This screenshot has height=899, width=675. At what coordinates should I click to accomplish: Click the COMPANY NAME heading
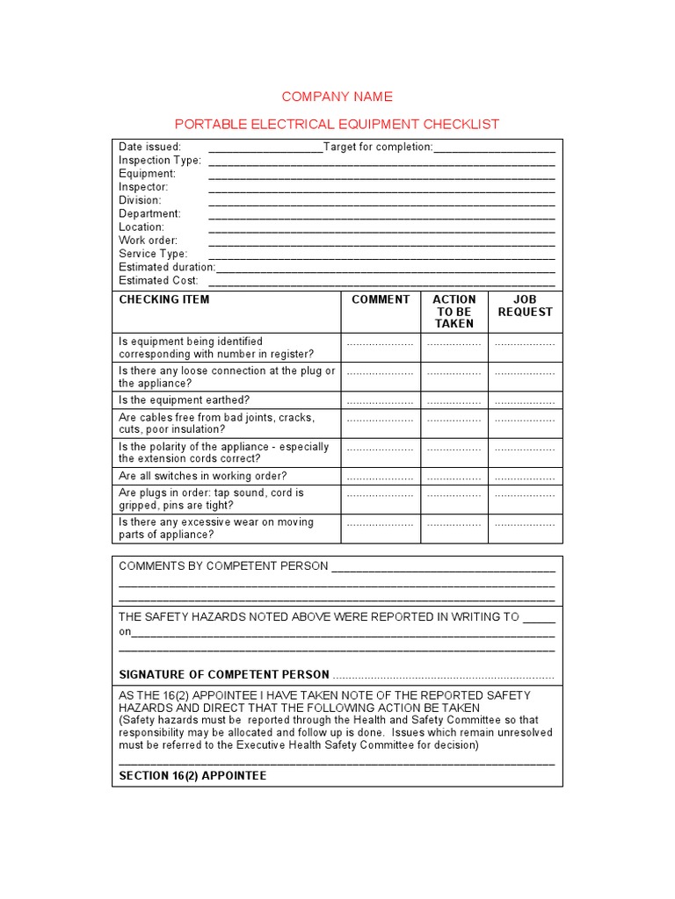tap(337, 97)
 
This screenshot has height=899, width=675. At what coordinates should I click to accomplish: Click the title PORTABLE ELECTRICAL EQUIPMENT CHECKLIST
tap(337, 124)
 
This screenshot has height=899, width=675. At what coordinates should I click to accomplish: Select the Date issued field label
tap(150, 147)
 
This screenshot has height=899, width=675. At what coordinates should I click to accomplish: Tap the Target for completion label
tap(378, 147)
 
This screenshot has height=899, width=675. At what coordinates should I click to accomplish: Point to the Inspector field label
tap(143, 187)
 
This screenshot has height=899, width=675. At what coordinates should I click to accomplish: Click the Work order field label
tap(148, 241)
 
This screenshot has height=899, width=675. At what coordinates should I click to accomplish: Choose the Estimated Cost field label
tap(158, 281)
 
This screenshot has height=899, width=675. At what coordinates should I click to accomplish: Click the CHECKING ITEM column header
tap(164, 299)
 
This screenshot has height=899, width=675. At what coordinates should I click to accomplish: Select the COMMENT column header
tap(381, 299)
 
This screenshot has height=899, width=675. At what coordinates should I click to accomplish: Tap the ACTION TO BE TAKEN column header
tap(454, 312)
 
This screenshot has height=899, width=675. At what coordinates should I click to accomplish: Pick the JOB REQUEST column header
tap(526, 306)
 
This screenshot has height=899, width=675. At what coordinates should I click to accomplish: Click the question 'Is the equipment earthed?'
tap(185, 400)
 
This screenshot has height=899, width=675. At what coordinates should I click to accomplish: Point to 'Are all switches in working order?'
tap(203, 476)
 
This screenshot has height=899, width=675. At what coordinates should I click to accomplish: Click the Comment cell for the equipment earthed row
tap(381, 401)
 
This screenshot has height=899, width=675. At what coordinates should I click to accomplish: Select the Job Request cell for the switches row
tap(525, 477)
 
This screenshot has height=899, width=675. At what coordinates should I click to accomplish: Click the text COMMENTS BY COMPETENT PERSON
tap(223, 566)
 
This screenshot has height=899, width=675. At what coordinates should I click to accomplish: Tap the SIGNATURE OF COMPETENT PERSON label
tap(224, 675)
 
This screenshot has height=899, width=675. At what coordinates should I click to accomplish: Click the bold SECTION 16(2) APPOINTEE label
tap(192, 776)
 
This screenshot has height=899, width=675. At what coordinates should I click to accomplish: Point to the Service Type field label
tap(153, 254)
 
